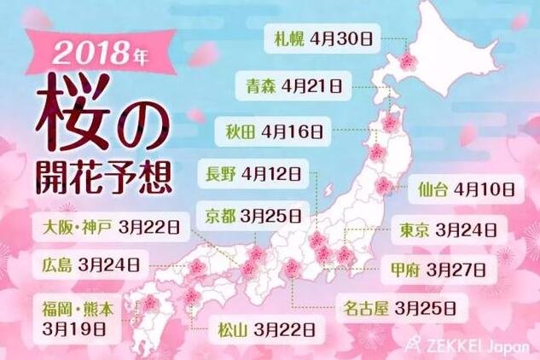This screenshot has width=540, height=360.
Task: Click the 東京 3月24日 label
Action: coord(449,229)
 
